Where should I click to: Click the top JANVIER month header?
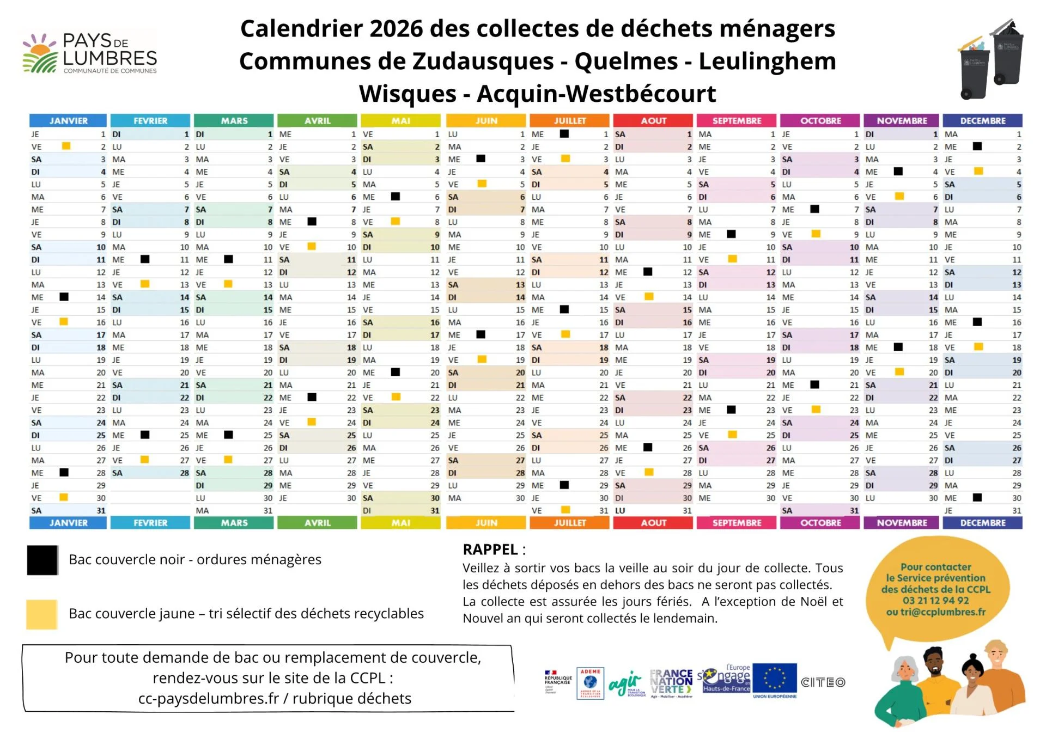68,120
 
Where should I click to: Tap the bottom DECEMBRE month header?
982,523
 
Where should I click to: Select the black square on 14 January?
64,297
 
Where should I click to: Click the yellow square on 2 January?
66,146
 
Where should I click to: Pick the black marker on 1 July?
564,133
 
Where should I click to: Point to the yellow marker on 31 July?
565,510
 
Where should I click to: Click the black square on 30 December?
977,497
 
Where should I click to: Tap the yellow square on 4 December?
978,171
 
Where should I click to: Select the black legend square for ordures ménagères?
42,560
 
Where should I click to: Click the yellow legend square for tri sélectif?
42,614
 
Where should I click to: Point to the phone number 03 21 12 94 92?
935,601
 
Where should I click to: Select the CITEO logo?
823,682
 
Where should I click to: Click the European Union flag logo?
775,679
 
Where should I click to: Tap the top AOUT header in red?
653,120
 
